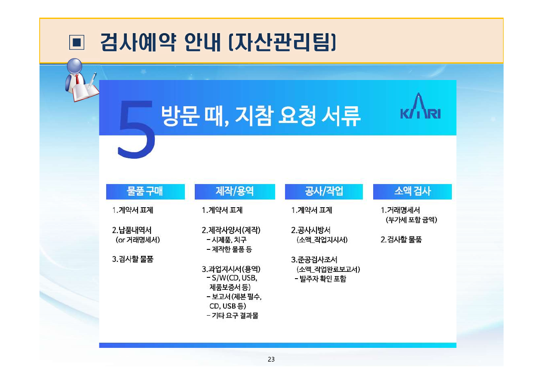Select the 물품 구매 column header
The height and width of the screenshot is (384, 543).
click(x=145, y=191)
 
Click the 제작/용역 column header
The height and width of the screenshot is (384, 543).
click(x=234, y=191)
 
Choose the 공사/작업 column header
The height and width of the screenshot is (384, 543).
click(x=324, y=191)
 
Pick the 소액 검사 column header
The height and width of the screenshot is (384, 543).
click(x=412, y=191)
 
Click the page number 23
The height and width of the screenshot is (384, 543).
click(x=271, y=359)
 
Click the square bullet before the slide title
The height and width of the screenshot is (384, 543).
click(x=76, y=42)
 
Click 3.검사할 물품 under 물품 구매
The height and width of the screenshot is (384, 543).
click(x=132, y=259)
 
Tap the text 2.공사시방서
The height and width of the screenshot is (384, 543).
click(x=310, y=230)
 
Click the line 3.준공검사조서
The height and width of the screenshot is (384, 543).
click(x=314, y=260)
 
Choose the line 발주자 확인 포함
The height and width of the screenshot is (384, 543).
click(x=320, y=279)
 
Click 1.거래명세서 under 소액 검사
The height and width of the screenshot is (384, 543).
click(x=400, y=210)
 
